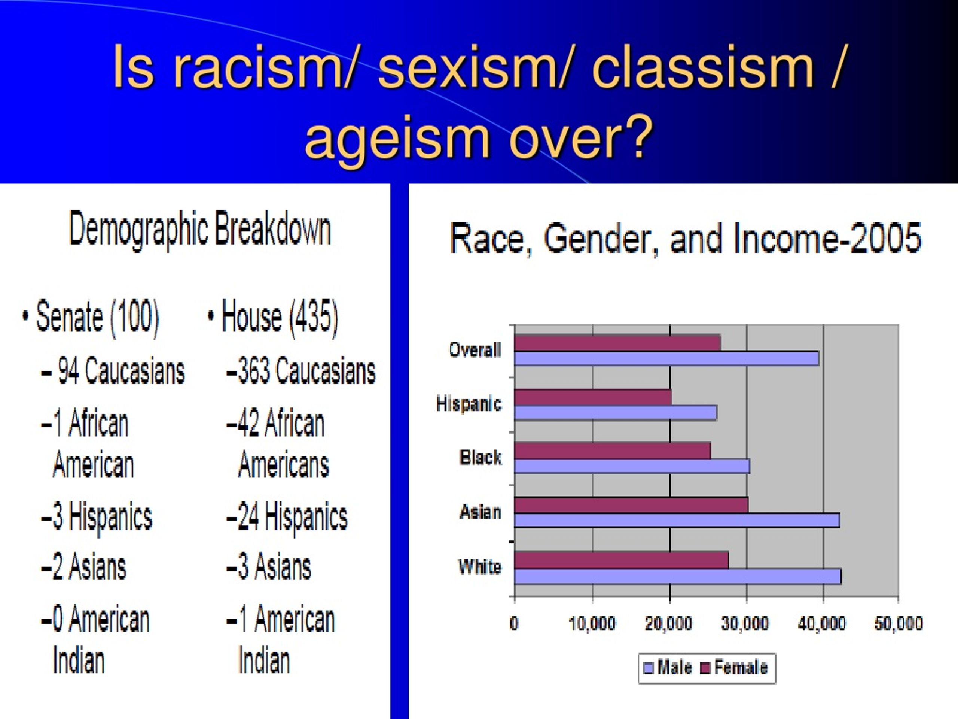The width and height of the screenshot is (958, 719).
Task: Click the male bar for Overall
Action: click(666, 358)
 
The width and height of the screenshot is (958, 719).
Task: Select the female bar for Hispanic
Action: click(593, 397)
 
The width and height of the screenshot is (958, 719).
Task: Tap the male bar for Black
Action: click(632, 466)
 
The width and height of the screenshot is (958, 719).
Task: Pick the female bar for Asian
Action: click(631, 505)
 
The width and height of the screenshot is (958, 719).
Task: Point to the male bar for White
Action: click(678, 576)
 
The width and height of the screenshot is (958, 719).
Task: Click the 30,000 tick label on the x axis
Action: click(745, 624)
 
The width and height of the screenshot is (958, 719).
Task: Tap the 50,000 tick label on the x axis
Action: click(898, 624)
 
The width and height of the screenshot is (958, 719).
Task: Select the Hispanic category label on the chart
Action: click(469, 403)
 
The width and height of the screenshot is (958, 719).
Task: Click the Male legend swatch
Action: click(649, 668)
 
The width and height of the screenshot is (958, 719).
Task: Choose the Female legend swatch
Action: click(705, 668)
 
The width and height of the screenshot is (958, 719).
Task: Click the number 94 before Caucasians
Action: click(68, 371)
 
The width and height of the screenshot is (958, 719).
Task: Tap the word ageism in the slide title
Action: click(397, 140)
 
